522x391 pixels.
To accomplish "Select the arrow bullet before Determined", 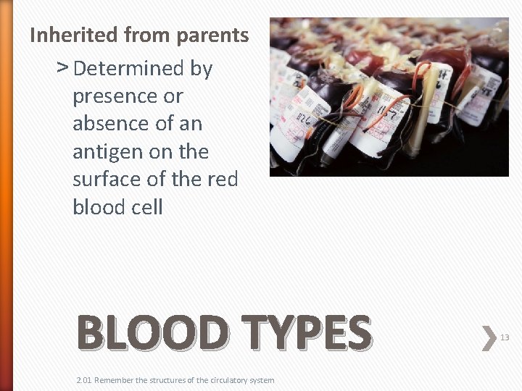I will (62, 68).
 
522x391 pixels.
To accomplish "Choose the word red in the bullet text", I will (221, 179).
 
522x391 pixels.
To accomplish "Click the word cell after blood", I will (147, 206).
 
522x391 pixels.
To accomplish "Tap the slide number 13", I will (505, 337).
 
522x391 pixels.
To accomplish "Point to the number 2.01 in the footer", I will (84, 380).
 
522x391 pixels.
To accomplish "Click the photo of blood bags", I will (389, 96).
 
